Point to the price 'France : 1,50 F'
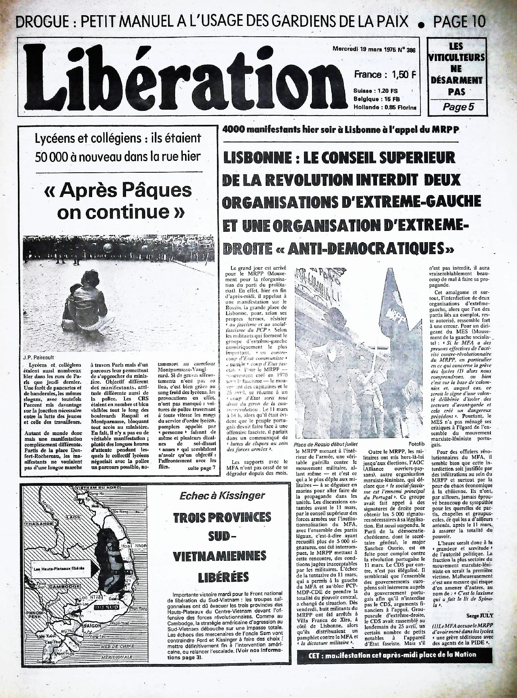385,75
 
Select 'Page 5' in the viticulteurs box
456,107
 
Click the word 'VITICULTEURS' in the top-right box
456,57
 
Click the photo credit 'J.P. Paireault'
39,357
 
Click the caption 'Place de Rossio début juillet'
326,444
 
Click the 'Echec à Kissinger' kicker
222,495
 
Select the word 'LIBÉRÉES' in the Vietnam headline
223,577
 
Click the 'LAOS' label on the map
73,517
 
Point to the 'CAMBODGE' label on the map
64,586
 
